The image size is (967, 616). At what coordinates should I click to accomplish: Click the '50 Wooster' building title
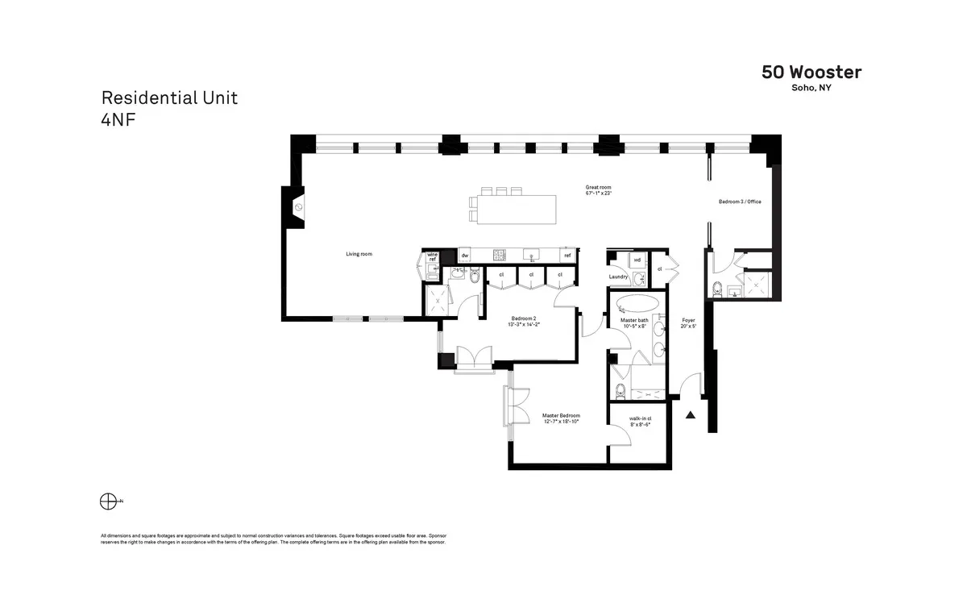(x=811, y=73)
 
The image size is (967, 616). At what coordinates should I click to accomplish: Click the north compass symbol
(x=108, y=502)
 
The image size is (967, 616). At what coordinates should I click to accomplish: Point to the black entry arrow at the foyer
(x=691, y=415)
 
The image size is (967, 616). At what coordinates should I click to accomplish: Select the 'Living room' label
(x=359, y=254)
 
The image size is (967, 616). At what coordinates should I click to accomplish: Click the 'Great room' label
(x=598, y=187)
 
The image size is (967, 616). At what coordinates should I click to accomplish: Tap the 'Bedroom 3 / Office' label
(x=740, y=202)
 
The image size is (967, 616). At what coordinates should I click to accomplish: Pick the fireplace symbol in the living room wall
(x=298, y=207)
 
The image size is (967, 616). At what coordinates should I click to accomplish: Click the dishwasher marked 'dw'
(x=465, y=256)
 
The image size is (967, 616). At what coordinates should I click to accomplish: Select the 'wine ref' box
(x=432, y=256)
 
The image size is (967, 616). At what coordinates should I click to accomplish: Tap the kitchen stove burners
(x=499, y=256)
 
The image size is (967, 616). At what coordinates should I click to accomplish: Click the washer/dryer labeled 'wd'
(x=637, y=260)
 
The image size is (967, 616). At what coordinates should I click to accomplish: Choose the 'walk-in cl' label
(x=640, y=418)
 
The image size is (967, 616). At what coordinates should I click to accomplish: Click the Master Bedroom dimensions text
(x=561, y=422)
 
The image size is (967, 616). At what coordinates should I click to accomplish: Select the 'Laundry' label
(x=618, y=277)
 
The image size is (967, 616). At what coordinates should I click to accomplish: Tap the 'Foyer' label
(x=687, y=320)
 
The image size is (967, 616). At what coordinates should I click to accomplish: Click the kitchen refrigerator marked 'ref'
(x=567, y=256)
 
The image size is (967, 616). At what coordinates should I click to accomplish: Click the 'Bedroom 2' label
(x=525, y=318)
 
